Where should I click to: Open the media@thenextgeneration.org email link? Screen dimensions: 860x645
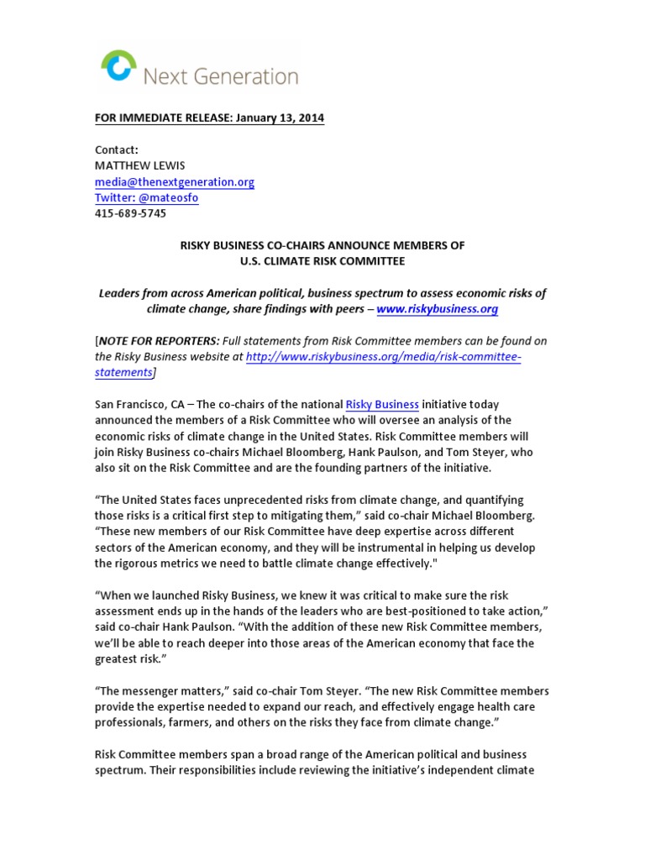tap(174, 181)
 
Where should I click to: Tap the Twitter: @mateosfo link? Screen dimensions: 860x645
tap(146, 197)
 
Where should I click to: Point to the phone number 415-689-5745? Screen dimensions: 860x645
tap(130, 213)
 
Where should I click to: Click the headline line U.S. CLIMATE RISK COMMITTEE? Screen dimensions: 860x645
tap(322, 261)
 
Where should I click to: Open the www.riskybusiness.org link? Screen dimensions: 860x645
tap(438, 309)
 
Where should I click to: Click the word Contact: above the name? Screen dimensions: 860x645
tap(116, 149)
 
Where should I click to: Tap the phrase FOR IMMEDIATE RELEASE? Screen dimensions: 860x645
tap(158, 118)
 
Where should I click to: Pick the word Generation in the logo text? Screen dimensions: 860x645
tap(247, 77)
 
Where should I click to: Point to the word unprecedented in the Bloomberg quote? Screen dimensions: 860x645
tap(276, 500)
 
